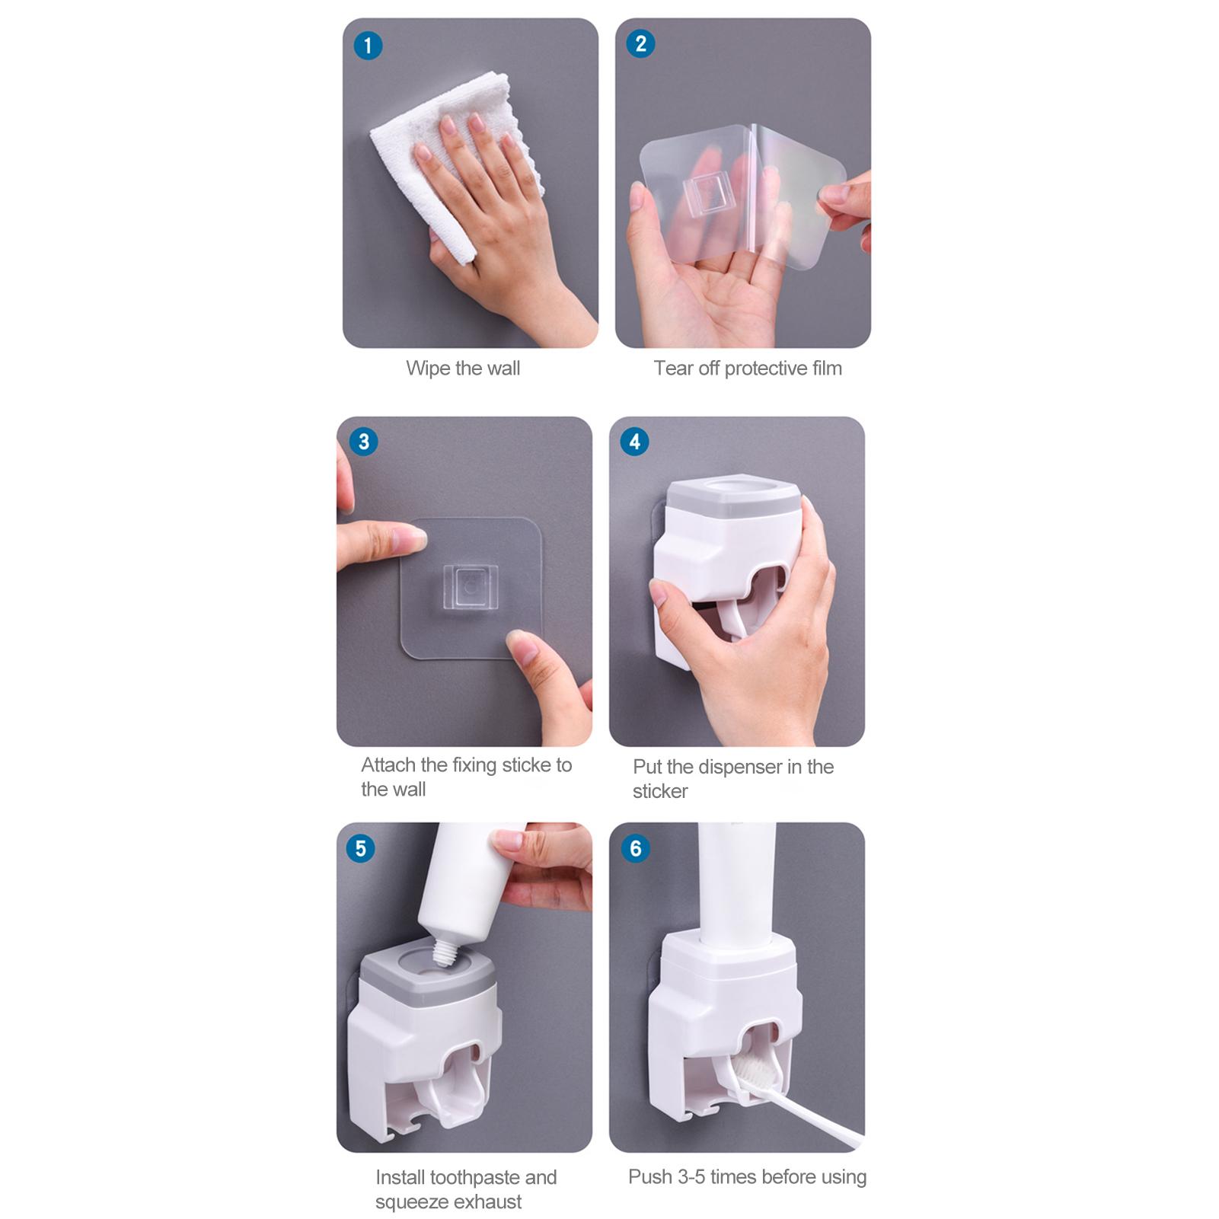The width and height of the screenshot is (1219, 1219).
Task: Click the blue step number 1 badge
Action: (x=368, y=46)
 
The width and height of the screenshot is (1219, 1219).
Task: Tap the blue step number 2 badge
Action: (x=640, y=44)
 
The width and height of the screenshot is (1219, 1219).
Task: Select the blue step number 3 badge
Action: (x=363, y=442)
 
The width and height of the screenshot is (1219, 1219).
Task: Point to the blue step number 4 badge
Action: (x=635, y=442)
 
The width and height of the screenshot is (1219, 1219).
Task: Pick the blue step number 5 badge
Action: (x=360, y=848)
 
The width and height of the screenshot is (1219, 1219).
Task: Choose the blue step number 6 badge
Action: (x=635, y=848)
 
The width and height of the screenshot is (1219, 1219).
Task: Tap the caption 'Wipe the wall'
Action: (x=463, y=369)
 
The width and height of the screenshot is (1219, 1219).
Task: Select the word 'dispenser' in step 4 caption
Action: (x=743, y=767)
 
